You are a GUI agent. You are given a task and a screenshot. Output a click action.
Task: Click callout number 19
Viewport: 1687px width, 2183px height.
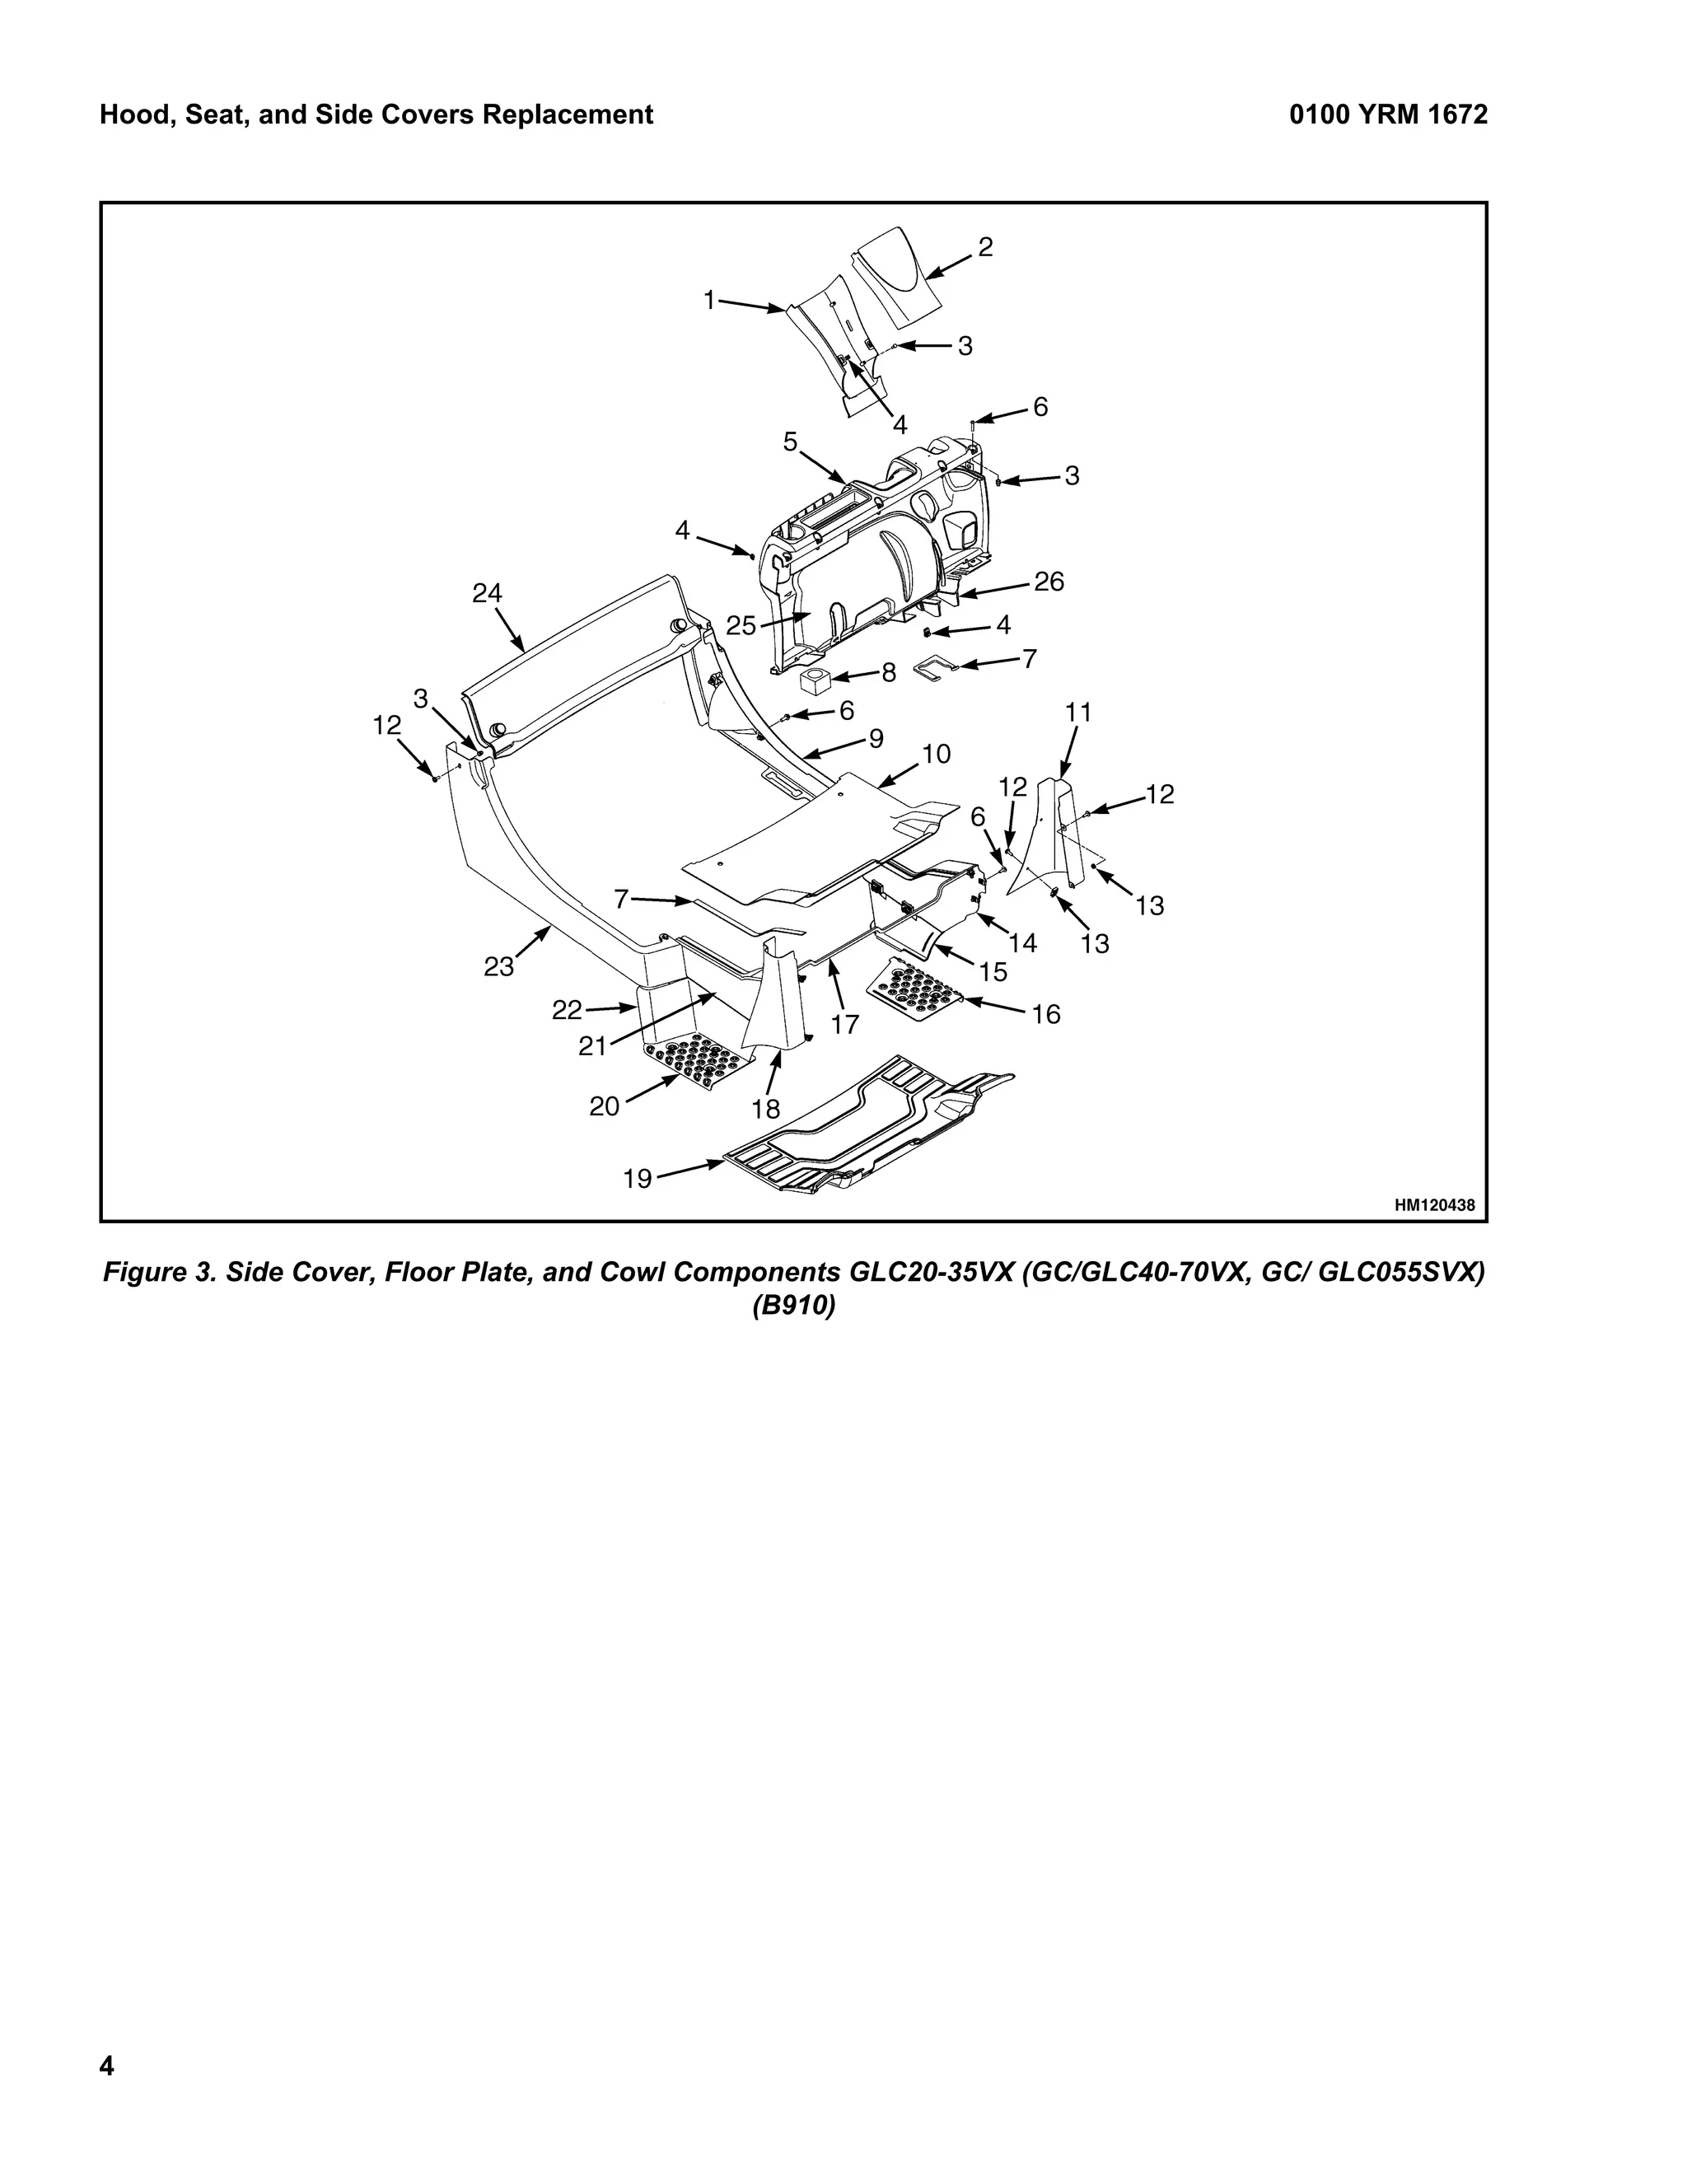(x=637, y=1180)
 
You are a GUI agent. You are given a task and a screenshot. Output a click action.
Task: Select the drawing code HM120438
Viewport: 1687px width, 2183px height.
(x=1434, y=1205)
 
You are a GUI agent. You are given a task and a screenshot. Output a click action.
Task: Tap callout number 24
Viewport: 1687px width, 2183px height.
(x=487, y=594)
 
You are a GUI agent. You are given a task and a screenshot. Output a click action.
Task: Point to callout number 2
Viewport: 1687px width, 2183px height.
(x=985, y=248)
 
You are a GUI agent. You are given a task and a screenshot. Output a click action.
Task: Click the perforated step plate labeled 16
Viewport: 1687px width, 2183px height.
(x=913, y=993)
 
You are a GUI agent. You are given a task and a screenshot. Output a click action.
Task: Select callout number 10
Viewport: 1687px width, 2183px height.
(x=937, y=754)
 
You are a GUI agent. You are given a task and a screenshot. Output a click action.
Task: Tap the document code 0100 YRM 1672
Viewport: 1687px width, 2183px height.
(x=1387, y=115)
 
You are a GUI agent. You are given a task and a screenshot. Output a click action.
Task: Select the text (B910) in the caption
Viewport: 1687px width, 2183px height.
(x=793, y=1307)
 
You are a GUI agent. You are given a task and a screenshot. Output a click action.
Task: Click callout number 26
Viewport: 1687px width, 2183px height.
(x=1049, y=582)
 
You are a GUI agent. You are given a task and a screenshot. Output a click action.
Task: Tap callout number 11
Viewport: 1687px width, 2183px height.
(x=1077, y=713)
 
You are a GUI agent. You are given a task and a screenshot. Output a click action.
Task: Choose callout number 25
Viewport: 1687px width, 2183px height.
(x=741, y=626)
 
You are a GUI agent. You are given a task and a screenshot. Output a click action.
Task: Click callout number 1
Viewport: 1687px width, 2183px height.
(x=709, y=300)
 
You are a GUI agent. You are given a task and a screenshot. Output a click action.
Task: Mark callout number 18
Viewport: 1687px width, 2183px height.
(x=765, y=1109)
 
